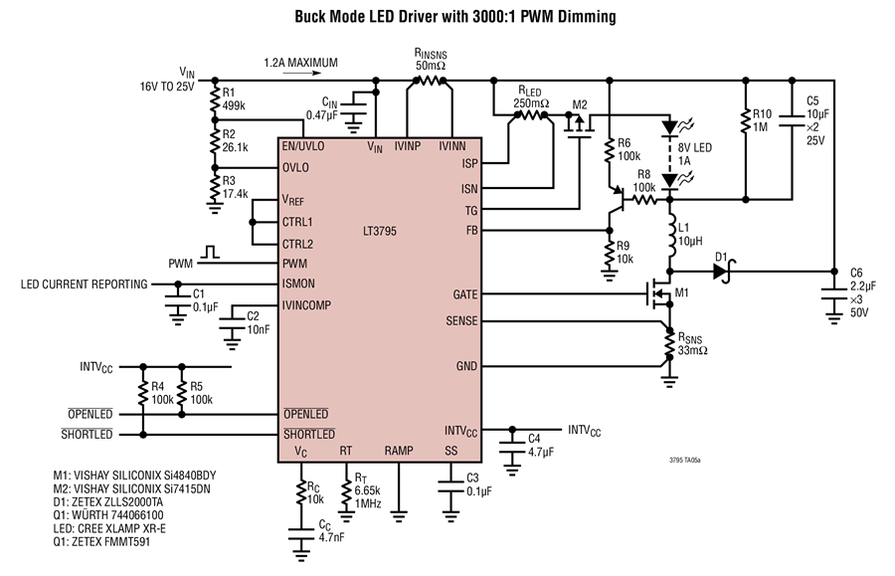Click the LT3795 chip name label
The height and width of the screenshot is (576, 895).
click(380, 231)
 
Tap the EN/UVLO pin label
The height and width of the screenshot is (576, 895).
click(303, 146)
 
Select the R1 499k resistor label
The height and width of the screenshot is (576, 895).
click(234, 98)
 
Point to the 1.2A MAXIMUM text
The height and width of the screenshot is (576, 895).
click(300, 63)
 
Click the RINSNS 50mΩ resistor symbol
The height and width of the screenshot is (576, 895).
click(430, 81)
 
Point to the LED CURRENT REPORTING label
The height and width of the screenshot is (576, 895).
click(84, 285)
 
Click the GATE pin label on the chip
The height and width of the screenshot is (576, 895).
click(465, 294)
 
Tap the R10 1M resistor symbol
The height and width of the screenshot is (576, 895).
click(746, 121)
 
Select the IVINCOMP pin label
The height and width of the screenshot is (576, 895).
click(306, 305)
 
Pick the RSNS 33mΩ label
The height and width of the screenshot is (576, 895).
click(692, 343)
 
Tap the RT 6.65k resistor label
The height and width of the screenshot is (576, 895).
click(368, 490)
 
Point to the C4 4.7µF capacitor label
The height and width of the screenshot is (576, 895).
click(541, 446)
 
